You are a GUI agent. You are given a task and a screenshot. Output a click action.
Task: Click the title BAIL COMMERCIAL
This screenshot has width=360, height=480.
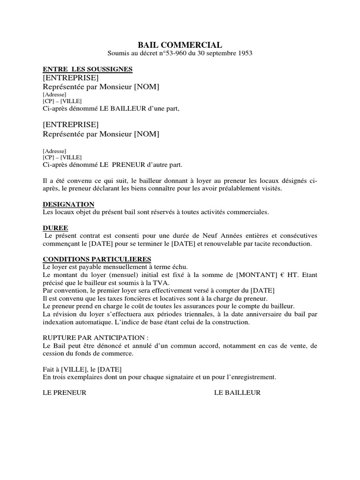180,45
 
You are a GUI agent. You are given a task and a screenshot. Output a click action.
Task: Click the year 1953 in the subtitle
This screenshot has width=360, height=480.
244,53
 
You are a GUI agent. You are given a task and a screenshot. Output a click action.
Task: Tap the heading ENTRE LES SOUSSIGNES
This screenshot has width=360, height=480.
88,69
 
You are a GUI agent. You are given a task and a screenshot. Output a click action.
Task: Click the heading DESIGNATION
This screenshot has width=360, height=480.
68,204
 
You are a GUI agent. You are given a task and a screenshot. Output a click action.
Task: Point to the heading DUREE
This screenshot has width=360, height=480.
55,228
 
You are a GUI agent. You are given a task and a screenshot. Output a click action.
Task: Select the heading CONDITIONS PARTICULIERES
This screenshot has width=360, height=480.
97,259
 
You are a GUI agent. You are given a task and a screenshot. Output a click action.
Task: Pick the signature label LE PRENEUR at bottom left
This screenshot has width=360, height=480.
65,393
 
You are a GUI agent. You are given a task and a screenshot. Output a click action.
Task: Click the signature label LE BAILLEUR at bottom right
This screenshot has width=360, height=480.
237,393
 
